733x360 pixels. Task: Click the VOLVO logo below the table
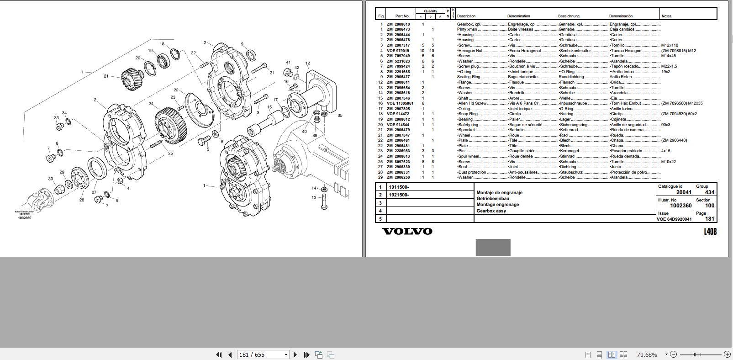point(407,231)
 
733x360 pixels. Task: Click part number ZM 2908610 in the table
point(398,24)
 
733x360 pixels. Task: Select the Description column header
point(466,16)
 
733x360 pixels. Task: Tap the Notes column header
point(666,16)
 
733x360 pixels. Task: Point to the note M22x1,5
point(669,66)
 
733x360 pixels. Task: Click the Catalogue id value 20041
point(684,192)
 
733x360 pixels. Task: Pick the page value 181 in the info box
point(709,219)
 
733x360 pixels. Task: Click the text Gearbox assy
point(491,211)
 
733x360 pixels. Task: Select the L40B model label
point(710,232)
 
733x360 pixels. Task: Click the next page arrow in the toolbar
point(295,355)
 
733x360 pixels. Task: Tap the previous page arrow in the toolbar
point(230,355)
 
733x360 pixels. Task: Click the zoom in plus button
point(727,354)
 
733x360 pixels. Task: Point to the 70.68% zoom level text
point(647,355)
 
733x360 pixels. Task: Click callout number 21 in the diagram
point(106,76)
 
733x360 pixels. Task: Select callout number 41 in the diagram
point(288,62)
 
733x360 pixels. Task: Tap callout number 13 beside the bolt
point(314,197)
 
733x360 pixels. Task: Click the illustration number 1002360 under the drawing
point(24,218)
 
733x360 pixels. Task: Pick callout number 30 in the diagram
point(50,179)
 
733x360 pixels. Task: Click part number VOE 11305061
point(400,103)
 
